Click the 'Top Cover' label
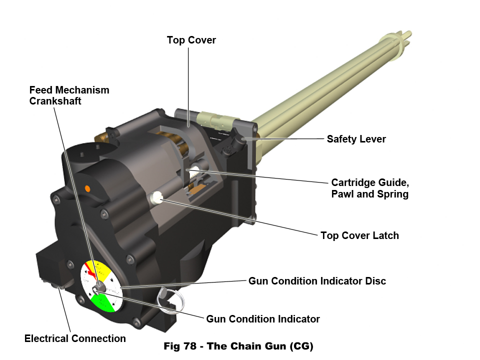point(191,40)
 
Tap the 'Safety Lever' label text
point(356,139)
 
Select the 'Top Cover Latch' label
point(359,235)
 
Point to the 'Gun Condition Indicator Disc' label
point(317,281)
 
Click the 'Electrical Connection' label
point(75,338)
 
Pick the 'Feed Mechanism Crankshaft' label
point(69,95)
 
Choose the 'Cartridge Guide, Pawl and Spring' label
point(369,187)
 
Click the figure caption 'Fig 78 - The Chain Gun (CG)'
point(238,346)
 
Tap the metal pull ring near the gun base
point(169,299)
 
